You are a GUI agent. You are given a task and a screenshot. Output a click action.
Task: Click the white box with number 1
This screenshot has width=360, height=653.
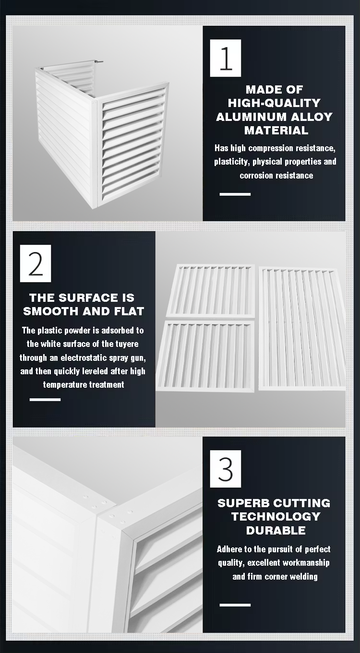coord(226,58)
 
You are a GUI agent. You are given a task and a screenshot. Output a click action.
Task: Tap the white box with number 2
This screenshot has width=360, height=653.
coord(36,263)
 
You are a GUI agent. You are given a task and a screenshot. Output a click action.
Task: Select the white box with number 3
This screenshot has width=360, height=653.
coord(226,469)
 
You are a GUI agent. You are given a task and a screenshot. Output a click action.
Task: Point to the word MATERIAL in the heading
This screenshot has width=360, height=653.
coord(276,131)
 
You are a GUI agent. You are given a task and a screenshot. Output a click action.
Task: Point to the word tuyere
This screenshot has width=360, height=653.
coord(127,344)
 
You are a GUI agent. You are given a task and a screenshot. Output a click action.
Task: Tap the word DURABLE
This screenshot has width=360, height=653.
coord(276,530)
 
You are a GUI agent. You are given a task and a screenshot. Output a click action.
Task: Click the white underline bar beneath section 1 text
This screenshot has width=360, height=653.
coord(235,194)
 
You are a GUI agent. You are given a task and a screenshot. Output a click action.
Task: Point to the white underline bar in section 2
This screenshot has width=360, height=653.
coord(45,399)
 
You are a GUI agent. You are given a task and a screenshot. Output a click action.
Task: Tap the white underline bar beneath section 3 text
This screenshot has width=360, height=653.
coord(235,605)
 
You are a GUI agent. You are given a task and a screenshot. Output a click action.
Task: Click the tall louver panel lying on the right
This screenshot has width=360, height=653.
coord(302,329)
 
